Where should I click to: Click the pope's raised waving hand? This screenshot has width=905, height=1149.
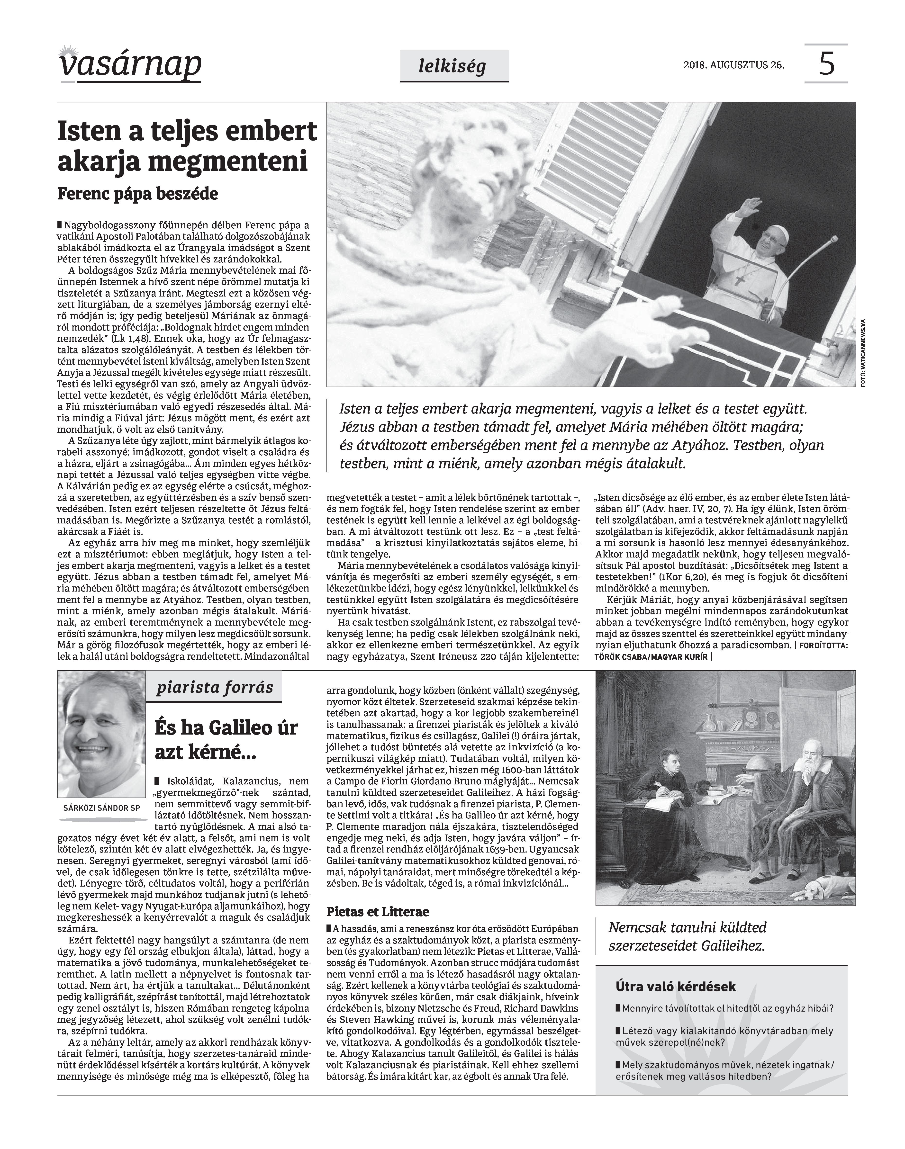point(749,206)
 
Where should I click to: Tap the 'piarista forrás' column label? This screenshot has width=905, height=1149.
point(215,688)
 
